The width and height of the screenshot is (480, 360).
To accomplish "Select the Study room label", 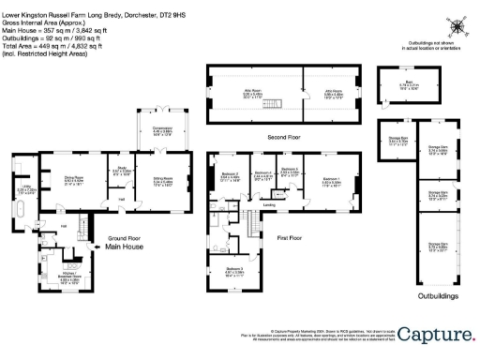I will (x=122, y=172).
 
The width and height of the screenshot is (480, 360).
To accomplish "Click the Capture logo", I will (x=435, y=335).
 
